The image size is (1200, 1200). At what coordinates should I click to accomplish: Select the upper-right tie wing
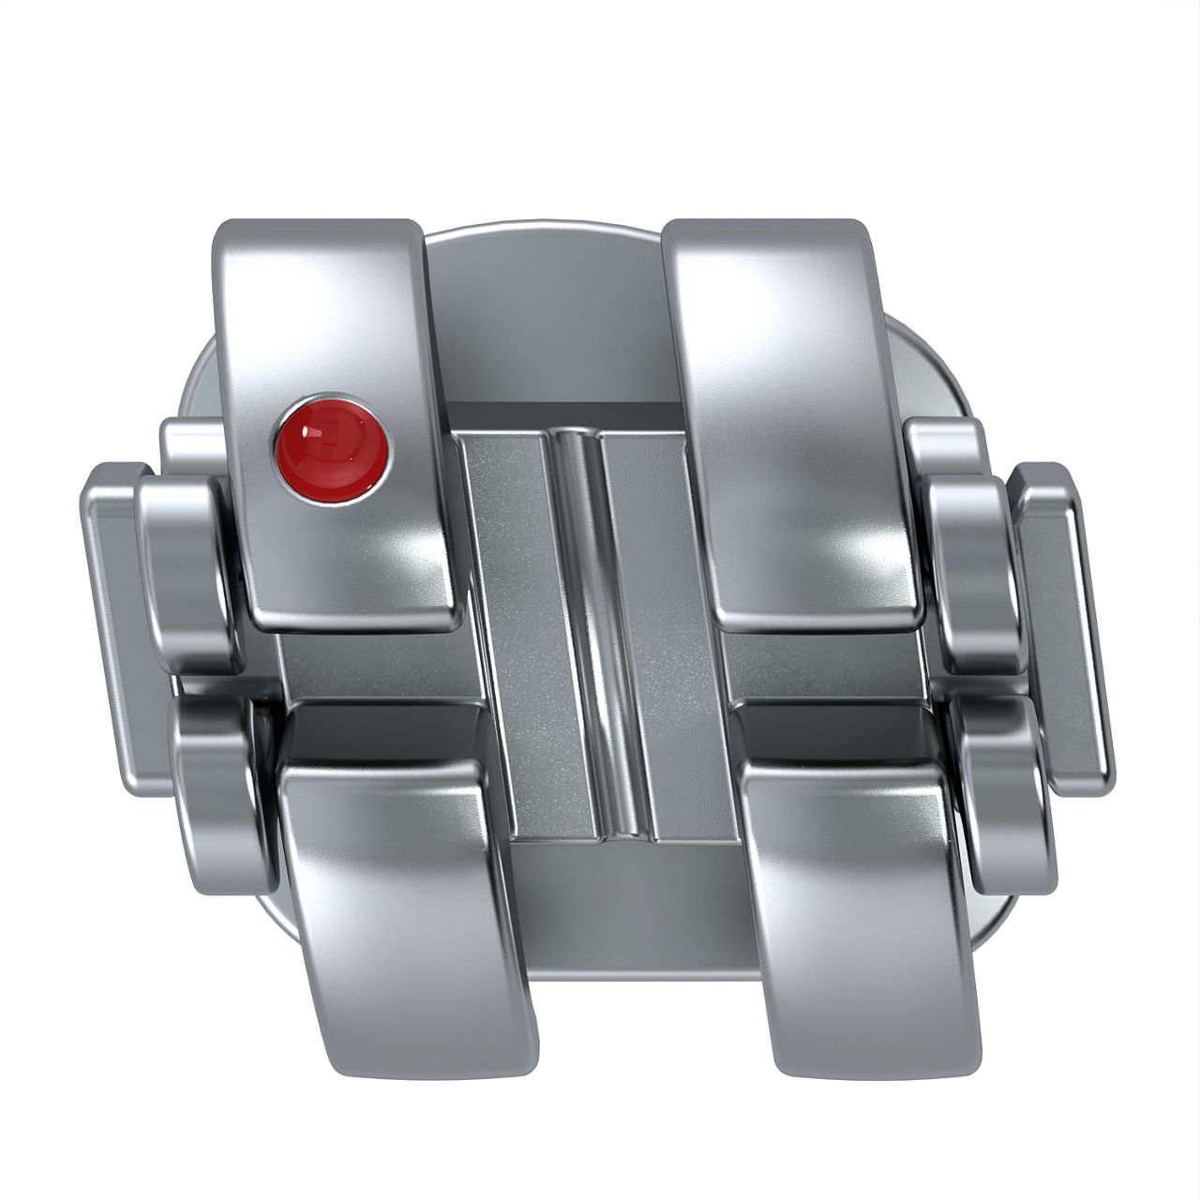(x=787, y=375)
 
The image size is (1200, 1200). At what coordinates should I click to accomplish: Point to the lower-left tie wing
(x=403, y=881)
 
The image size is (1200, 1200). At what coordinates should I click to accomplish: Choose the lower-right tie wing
(x=862, y=881)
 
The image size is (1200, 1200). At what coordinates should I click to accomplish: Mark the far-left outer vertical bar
(x=111, y=609)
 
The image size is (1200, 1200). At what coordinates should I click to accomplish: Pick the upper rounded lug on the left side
(x=186, y=562)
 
